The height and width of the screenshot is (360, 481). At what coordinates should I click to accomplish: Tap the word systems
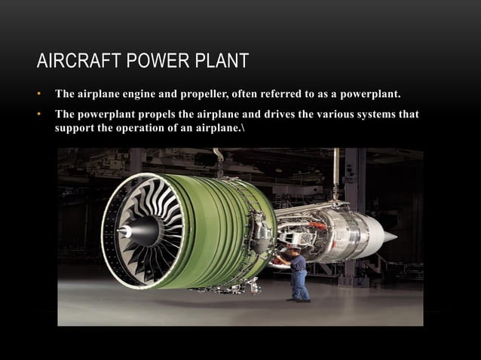click(x=374, y=114)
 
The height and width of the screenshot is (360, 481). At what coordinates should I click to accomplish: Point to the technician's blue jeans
click(x=299, y=285)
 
